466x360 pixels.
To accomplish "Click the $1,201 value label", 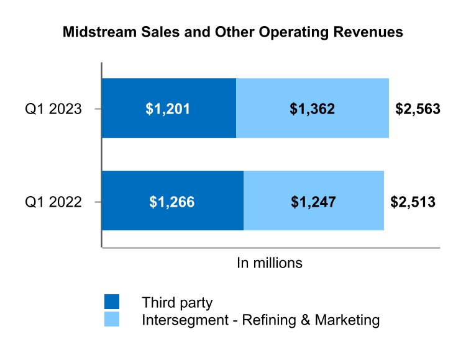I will pyautogui.click(x=168, y=109).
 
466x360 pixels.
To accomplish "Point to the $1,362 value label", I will pyautogui.click(x=313, y=109).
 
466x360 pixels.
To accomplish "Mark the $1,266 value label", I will pyautogui.click(x=172, y=202).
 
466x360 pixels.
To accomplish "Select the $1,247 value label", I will pyautogui.click(x=313, y=202).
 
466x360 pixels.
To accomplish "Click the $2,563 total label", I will pyautogui.click(x=418, y=109).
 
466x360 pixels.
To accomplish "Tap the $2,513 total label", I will pyautogui.click(x=413, y=202).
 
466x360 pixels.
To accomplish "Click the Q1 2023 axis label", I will pyautogui.click(x=53, y=109).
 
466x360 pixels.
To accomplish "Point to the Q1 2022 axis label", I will pyautogui.click(x=53, y=202).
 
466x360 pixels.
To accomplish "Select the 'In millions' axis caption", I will pyautogui.click(x=270, y=263).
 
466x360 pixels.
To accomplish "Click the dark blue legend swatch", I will pyautogui.click(x=112, y=302).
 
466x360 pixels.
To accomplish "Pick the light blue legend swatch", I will pyautogui.click(x=112, y=320).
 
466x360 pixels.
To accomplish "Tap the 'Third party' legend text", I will pyautogui.click(x=177, y=303).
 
